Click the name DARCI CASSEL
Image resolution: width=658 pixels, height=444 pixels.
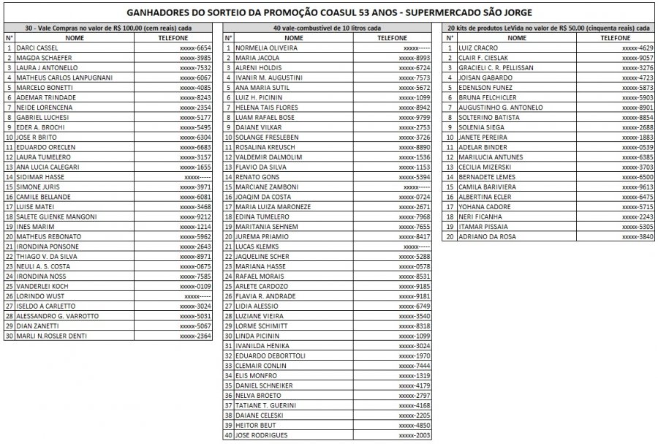pyautogui.click(x=37, y=48)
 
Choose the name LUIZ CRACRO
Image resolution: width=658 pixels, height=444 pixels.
pyautogui.click(x=477, y=48)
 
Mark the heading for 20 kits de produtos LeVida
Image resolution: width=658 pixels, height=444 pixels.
pyautogui.click(x=548, y=27)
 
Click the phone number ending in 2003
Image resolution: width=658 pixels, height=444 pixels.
pyautogui.click(x=415, y=435)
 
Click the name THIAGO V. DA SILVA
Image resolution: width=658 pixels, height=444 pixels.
pyautogui.click(x=47, y=257)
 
